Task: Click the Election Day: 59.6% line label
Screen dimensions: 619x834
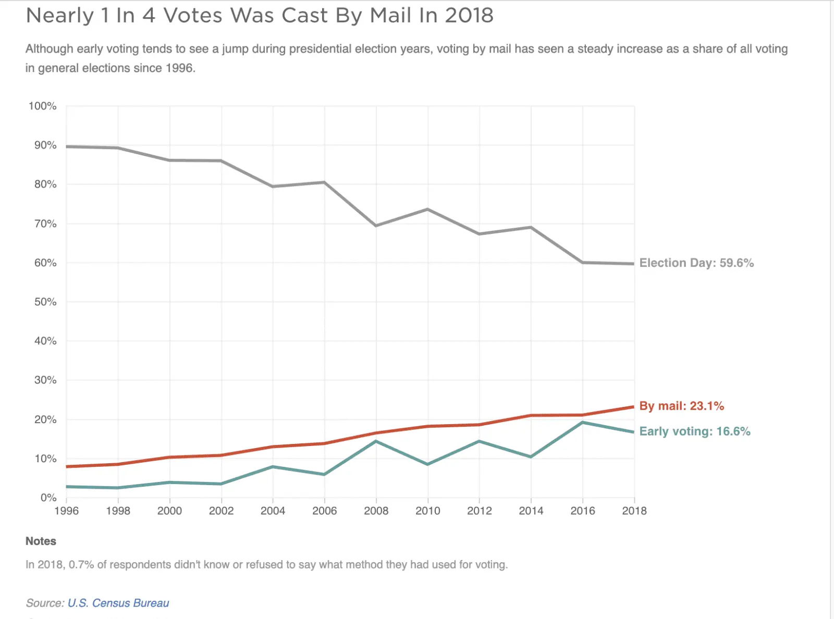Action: point(696,263)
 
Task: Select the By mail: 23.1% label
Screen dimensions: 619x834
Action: point(681,406)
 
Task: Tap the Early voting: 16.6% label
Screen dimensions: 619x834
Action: point(695,431)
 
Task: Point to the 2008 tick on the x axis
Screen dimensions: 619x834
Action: point(376,511)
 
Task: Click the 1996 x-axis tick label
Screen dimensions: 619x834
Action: point(66,511)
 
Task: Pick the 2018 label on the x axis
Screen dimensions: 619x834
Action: point(634,511)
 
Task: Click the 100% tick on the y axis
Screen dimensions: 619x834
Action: point(42,106)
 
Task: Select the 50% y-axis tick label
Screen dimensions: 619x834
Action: point(45,302)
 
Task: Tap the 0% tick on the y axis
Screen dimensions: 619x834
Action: point(48,498)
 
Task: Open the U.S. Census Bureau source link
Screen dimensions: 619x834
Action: point(118,603)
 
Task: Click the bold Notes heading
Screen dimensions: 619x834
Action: point(41,541)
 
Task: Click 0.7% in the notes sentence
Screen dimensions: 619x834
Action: point(81,565)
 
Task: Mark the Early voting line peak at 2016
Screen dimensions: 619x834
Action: point(582,422)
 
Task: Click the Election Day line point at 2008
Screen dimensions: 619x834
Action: point(376,226)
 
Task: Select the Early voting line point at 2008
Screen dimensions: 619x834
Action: point(376,441)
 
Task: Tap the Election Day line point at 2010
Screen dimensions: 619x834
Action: point(427,209)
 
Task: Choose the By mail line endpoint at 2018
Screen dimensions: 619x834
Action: point(633,407)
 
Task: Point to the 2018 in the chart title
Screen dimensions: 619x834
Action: point(469,15)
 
